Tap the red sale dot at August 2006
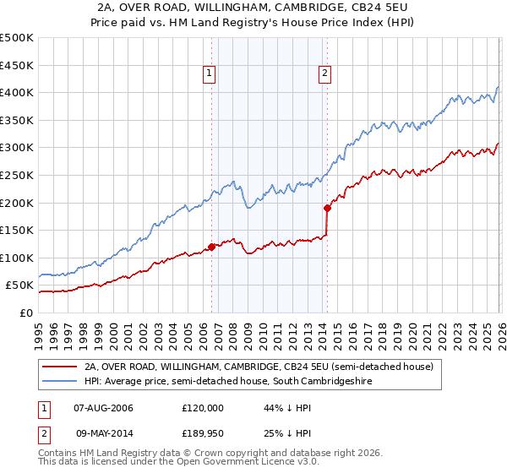211,246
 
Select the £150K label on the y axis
17,230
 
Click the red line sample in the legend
59,367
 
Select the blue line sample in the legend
59,382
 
